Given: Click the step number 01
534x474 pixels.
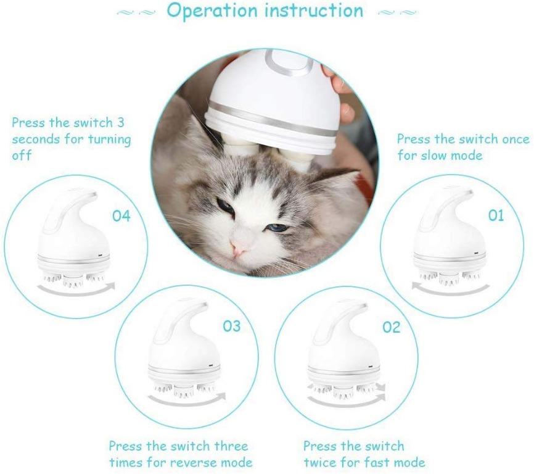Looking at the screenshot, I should pos(495,215).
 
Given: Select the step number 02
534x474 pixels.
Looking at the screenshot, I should pos(391,327).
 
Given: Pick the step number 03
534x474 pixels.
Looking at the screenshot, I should pos(231,326).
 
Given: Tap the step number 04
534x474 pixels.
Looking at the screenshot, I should pos(121,216).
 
